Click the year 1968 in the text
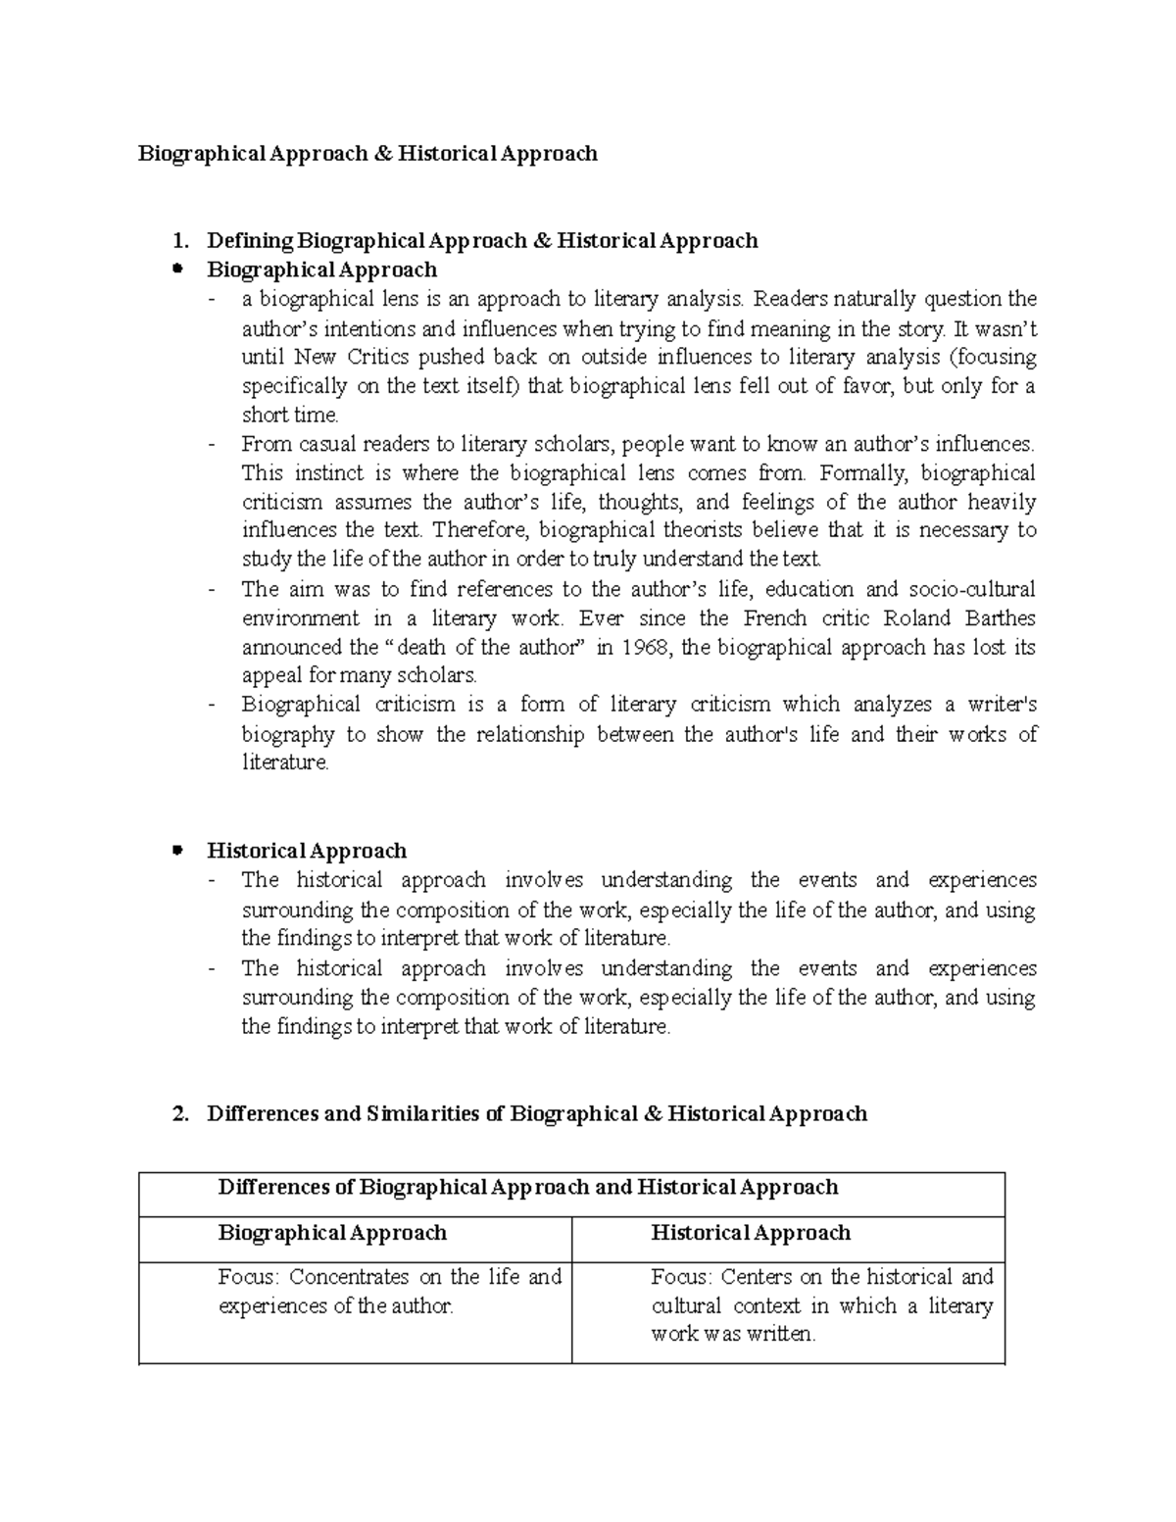(x=648, y=648)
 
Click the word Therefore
(x=480, y=531)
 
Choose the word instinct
(x=328, y=473)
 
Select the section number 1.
(x=177, y=241)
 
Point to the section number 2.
(x=177, y=1114)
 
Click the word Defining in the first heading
(x=250, y=241)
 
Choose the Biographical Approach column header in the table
(x=332, y=1233)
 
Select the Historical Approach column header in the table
(x=751, y=1233)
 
